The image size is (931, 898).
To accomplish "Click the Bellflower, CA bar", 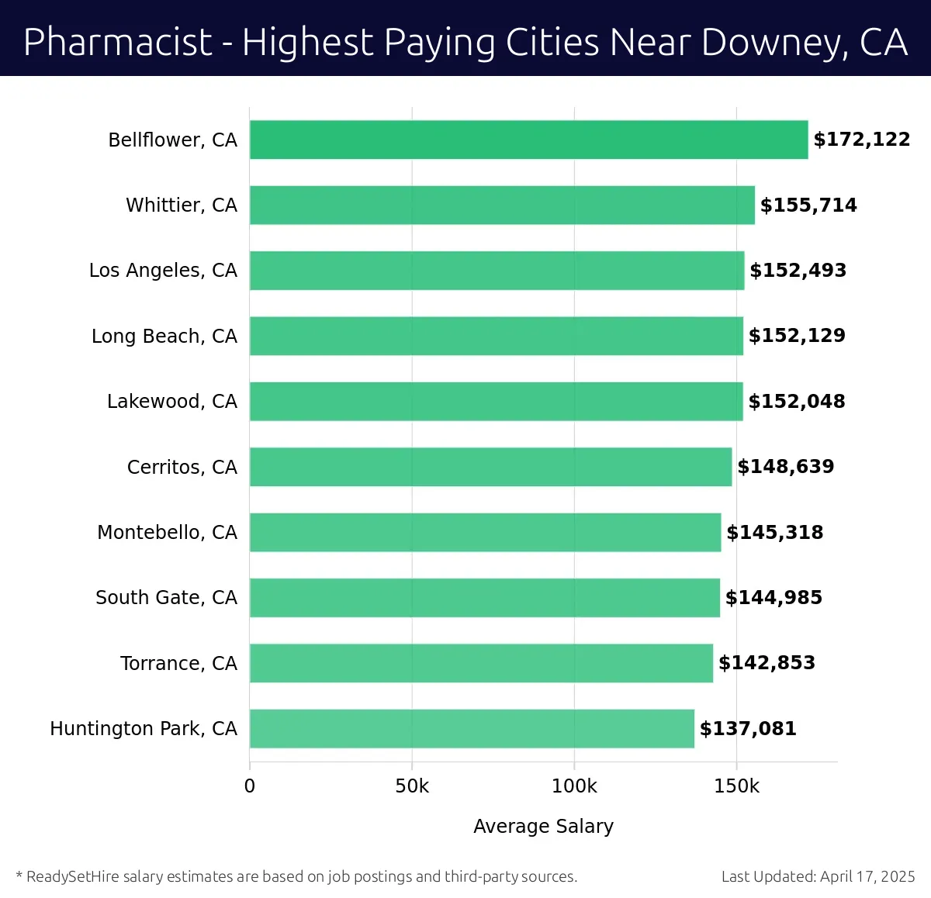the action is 528,140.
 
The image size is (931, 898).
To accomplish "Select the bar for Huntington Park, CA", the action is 472,728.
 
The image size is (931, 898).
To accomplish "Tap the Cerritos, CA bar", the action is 490,467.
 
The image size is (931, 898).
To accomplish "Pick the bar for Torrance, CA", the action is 481,663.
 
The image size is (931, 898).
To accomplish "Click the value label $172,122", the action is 861,140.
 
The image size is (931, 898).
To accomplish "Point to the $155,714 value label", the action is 808,205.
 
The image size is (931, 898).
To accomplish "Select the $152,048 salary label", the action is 797,401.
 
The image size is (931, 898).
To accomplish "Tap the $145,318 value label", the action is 774,532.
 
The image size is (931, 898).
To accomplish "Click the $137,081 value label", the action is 748,728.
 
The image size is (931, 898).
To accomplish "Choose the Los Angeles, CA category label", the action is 163,271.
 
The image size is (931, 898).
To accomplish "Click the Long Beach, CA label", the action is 164,336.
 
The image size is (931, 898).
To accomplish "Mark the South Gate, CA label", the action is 166,597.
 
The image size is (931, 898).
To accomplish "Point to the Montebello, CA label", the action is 167,532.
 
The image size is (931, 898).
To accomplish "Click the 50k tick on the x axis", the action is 412,786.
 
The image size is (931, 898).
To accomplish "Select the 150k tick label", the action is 736,786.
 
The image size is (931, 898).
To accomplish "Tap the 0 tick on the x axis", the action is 250,786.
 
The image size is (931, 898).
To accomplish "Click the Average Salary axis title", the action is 543,826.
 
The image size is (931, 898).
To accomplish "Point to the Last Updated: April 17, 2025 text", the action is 818,876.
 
